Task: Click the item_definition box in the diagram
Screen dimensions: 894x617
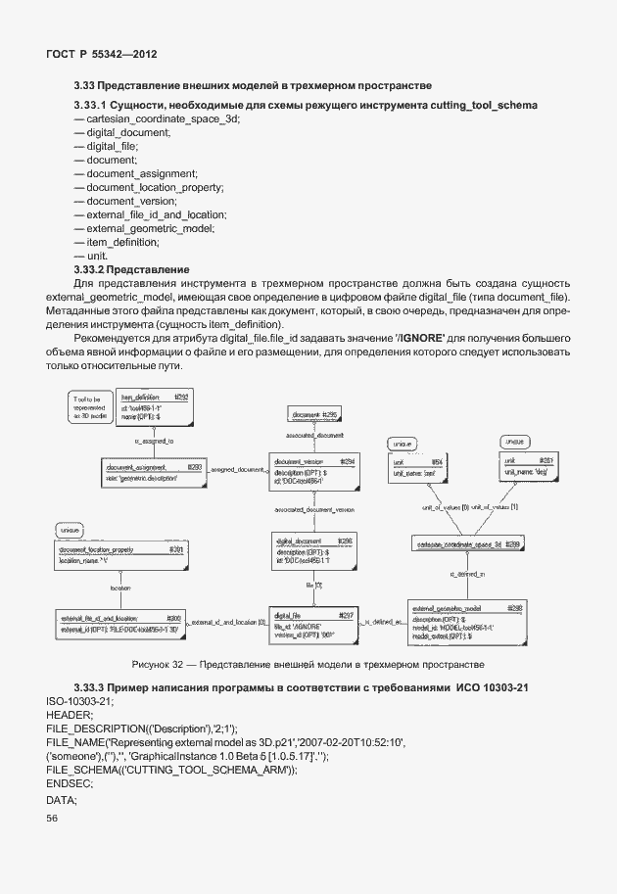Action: tap(155, 406)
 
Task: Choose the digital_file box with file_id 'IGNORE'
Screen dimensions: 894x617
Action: tap(315, 624)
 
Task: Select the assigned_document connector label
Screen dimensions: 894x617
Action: tap(237, 470)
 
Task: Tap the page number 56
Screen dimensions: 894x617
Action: tap(53, 819)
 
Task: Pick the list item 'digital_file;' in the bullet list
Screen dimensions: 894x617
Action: tap(111, 145)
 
